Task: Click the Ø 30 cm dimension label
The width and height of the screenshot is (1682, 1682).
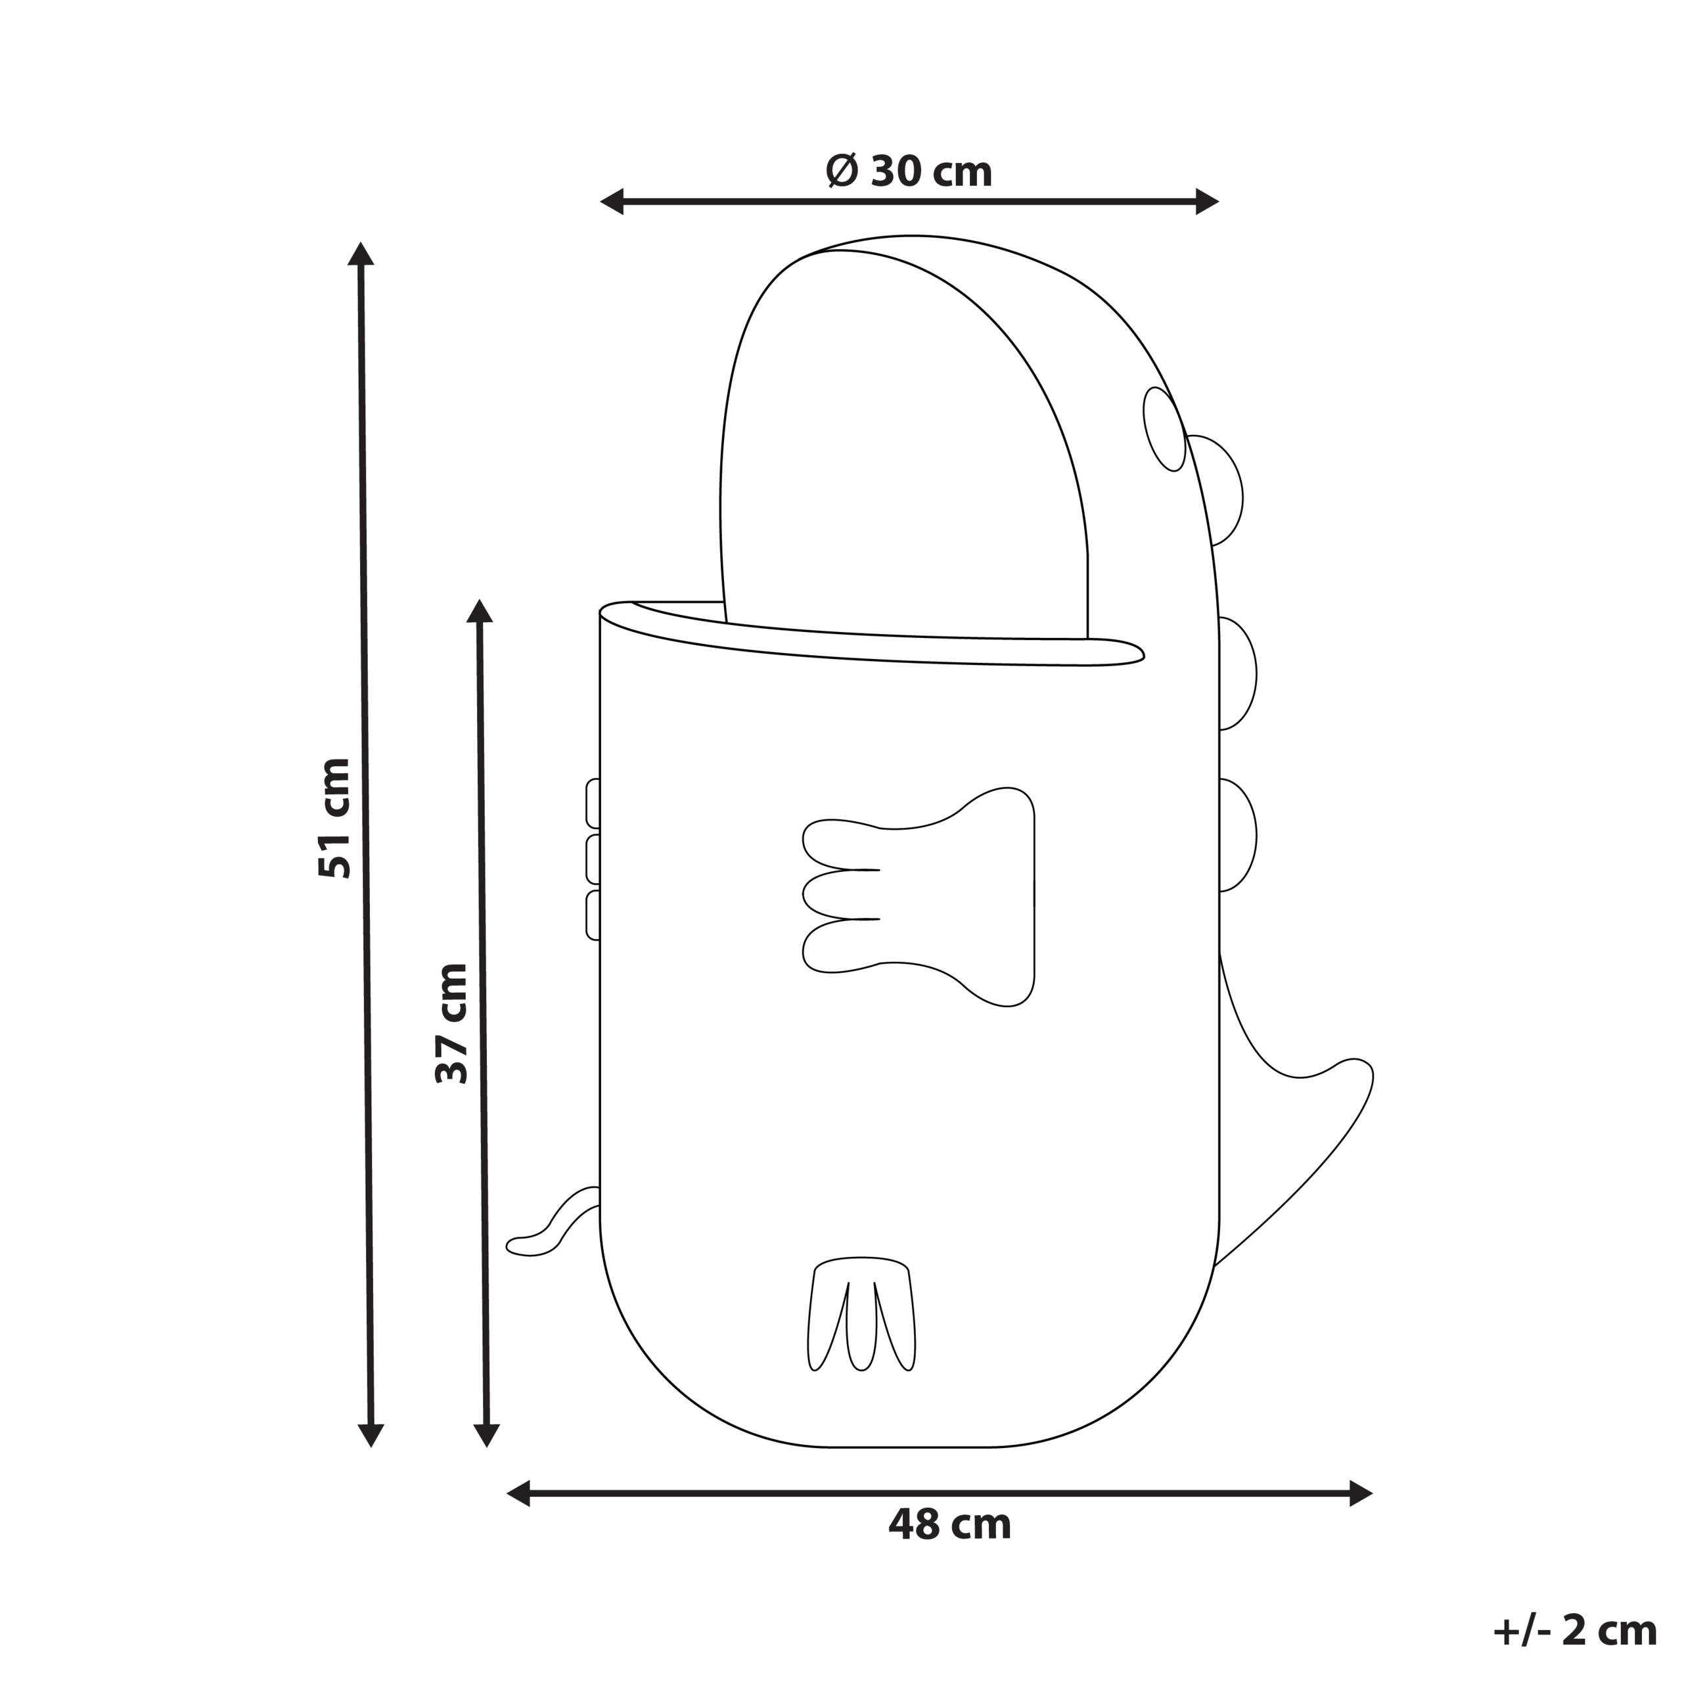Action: coord(909,171)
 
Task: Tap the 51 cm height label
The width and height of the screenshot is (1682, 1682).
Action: coord(335,819)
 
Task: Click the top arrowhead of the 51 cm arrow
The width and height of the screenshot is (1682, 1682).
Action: coord(361,254)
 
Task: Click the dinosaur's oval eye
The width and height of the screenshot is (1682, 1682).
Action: coord(1164,429)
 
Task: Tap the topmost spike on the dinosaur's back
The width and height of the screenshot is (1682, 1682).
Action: coord(1219,490)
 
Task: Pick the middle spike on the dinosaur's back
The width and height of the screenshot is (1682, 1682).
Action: coord(1237,673)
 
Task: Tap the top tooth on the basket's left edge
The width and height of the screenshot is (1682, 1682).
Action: coord(593,803)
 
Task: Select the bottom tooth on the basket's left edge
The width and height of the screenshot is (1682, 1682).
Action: coord(593,915)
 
